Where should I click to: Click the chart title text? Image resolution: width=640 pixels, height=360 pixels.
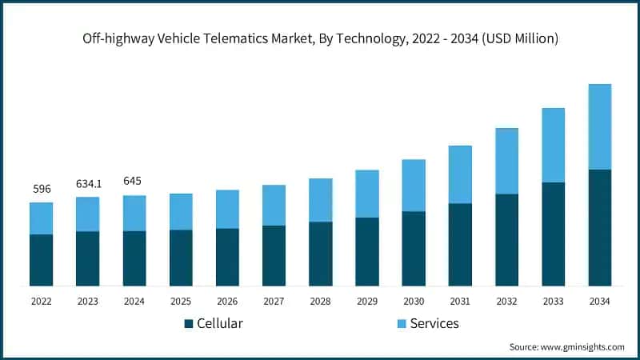pyautogui.click(x=320, y=38)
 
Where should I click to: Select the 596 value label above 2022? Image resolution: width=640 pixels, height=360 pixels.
pyautogui.click(x=41, y=189)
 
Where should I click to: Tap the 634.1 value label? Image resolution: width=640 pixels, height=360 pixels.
pyautogui.click(x=87, y=183)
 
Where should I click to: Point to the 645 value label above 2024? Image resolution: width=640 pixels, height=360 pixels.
pyautogui.click(x=134, y=181)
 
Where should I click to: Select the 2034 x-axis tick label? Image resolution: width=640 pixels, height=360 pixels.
pyautogui.click(x=599, y=301)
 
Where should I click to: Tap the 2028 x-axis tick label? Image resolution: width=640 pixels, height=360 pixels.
pyautogui.click(x=320, y=301)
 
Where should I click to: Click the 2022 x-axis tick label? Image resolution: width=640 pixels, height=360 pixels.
pyautogui.click(x=41, y=301)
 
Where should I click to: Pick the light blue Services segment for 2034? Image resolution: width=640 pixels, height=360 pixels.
pyautogui.click(x=599, y=126)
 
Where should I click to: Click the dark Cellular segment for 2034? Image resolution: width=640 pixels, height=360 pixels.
pyautogui.click(x=599, y=227)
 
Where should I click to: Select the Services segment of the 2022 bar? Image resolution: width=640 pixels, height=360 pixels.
pyautogui.click(x=41, y=218)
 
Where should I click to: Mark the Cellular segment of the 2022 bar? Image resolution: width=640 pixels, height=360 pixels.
pyautogui.click(x=41, y=260)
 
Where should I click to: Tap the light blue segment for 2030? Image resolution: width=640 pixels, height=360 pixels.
pyautogui.click(x=414, y=186)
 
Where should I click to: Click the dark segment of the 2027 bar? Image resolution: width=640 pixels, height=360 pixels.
pyautogui.click(x=274, y=255)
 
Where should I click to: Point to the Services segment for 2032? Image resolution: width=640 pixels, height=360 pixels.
pyautogui.click(x=506, y=161)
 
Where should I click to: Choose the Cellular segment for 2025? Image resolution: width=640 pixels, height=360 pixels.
pyautogui.click(x=181, y=258)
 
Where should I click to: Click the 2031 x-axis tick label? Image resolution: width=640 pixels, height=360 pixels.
pyautogui.click(x=460, y=301)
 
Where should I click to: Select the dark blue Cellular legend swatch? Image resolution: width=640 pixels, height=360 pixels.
pyautogui.click(x=189, y=324)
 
